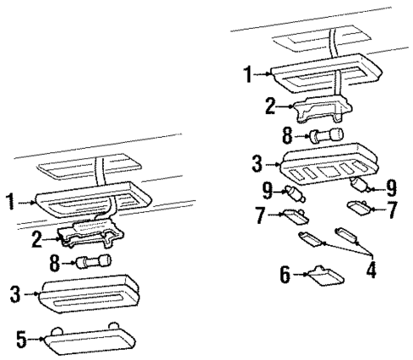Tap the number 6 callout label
286,274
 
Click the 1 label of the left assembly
10,202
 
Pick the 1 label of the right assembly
248,75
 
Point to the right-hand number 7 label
393,207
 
